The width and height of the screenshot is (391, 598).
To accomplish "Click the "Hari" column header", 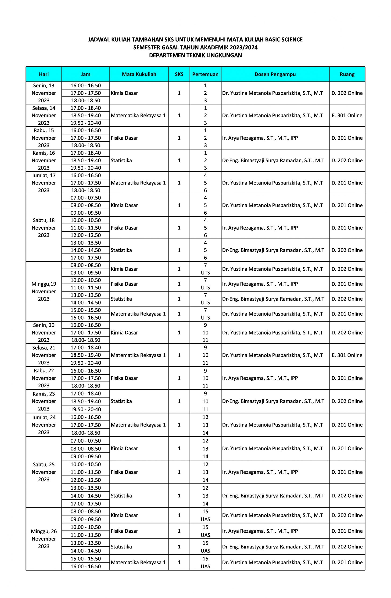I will [x=44, y=74].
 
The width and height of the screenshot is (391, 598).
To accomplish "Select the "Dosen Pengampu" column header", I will [x=275, y=74].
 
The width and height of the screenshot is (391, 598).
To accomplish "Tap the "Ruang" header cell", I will [x=347, y=74].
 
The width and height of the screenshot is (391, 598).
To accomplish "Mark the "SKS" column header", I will [x=179, y=74].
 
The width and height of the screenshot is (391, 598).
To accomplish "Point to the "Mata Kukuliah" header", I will [x=139, y=74].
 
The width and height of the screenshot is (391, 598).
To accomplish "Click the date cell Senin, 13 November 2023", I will [x=44, y=93].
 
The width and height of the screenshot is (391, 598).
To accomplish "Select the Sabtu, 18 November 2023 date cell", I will [x=44, y=228].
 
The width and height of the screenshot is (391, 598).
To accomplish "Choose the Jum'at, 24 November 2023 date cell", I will [x=44, y=425].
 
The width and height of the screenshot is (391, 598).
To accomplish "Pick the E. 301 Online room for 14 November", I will [x=347, y=116].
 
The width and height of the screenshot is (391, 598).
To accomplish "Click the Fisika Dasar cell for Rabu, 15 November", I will [x=125, y=138].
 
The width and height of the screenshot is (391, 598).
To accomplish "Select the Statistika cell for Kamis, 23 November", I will [x=121, y=401].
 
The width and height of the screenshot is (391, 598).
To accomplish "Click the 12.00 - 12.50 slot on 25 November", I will [x=86, y=480].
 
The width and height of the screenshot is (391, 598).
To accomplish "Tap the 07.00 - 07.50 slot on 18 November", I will [x=86, y=198].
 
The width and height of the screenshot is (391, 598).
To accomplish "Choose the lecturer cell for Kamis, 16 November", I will [x=273, y=160].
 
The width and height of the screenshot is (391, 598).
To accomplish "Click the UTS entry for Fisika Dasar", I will [x=205, y=288].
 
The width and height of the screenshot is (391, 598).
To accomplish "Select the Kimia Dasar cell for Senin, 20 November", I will [x=125, y=333].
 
